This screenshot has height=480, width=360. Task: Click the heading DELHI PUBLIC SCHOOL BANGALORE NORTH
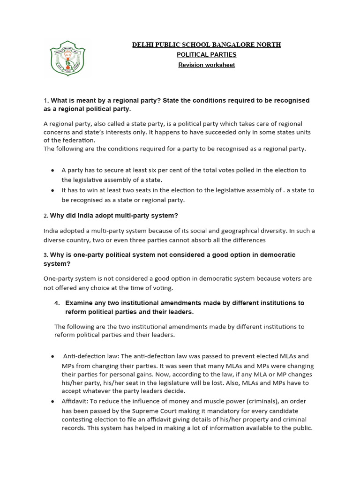(x=206, y=45)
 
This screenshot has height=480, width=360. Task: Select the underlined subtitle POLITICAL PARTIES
(x=206, y=55)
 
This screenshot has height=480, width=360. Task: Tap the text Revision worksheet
(x=206, y=65)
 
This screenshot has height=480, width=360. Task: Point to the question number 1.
(x=45, y=101)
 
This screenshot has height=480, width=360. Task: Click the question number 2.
(x=45, y=216)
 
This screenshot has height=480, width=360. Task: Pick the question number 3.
(x=45, y=255)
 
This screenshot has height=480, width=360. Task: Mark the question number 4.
(x=57, y=303)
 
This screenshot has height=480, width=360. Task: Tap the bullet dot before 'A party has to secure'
(x=52, y=170)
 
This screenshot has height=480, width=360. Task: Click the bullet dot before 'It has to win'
(x=52, y=190)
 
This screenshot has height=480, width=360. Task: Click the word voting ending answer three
(x=162, y=287)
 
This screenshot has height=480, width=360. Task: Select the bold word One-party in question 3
(x=79, y=255)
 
